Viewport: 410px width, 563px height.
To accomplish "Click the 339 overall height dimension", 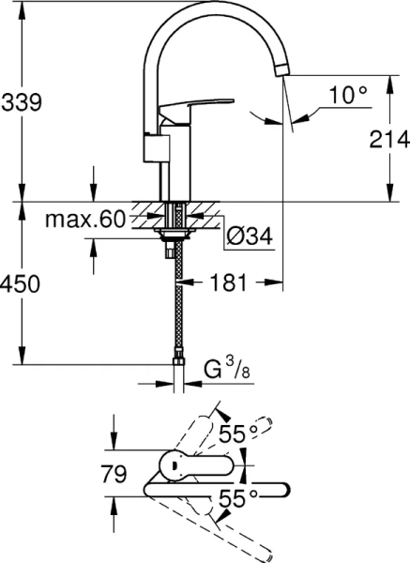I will click(21, 103).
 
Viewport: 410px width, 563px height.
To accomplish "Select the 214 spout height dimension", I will click(388, 141).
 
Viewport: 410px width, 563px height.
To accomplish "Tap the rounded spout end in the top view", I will click(282, 487).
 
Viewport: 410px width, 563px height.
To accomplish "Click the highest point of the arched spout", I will click(216, 10).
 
